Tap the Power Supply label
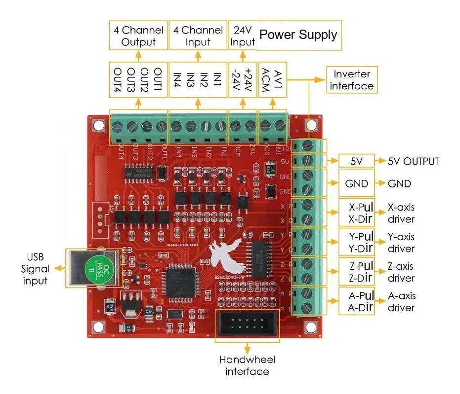298,35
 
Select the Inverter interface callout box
351,80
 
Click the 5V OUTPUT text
414,161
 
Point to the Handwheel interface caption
247,365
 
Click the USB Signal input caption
35,269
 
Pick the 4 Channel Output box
138,36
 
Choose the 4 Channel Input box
198,36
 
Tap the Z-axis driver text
401,272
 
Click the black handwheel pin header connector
247,325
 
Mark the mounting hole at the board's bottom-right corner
310,326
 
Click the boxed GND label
357,183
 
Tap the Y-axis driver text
401,243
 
